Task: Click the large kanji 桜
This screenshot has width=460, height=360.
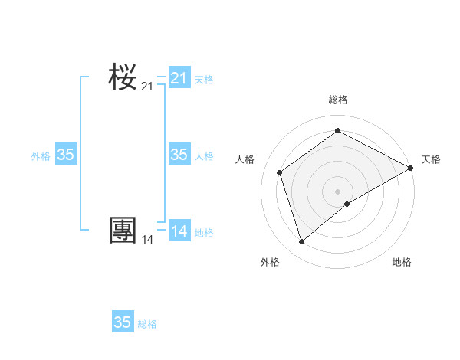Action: click(123, 77)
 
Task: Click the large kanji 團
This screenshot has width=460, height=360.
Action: click(123, 231)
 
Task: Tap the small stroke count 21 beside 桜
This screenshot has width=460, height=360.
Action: click(147, 87)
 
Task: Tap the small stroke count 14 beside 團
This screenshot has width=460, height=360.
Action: click(147, 240)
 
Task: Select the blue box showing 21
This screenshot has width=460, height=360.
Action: click(179, 77)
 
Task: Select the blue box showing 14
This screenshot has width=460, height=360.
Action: click(179, 231)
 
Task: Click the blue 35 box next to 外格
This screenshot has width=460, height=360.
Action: click(66, 155)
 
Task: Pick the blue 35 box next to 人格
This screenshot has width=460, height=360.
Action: click(179, 155)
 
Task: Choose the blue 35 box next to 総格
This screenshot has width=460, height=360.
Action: click(123, 322)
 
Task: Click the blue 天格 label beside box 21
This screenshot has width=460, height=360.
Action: click(204, 80)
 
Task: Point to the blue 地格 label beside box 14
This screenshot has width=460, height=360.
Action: click(204, 233)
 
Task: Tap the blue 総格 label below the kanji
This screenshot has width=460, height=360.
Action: click(147, 325)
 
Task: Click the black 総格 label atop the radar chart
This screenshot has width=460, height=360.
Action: click(337, 100)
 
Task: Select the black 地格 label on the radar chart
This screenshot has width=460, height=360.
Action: click(402, 262)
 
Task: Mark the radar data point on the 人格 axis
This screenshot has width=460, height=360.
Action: click(280, 172)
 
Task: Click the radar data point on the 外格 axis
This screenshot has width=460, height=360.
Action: click(301, 242)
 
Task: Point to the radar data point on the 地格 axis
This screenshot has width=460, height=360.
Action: click(347, 204)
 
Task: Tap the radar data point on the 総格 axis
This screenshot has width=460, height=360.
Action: click(337, 131)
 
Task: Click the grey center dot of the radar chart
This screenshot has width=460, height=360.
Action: click(337, 191)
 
